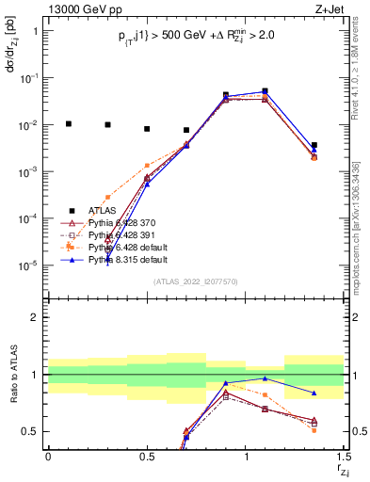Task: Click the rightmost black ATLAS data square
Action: pyautogui.click(x=314, y=145)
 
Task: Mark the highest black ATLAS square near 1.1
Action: pyautogui.click(x=265, y=91)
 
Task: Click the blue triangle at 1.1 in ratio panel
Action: pyautogui.click(x=265, y=378)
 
